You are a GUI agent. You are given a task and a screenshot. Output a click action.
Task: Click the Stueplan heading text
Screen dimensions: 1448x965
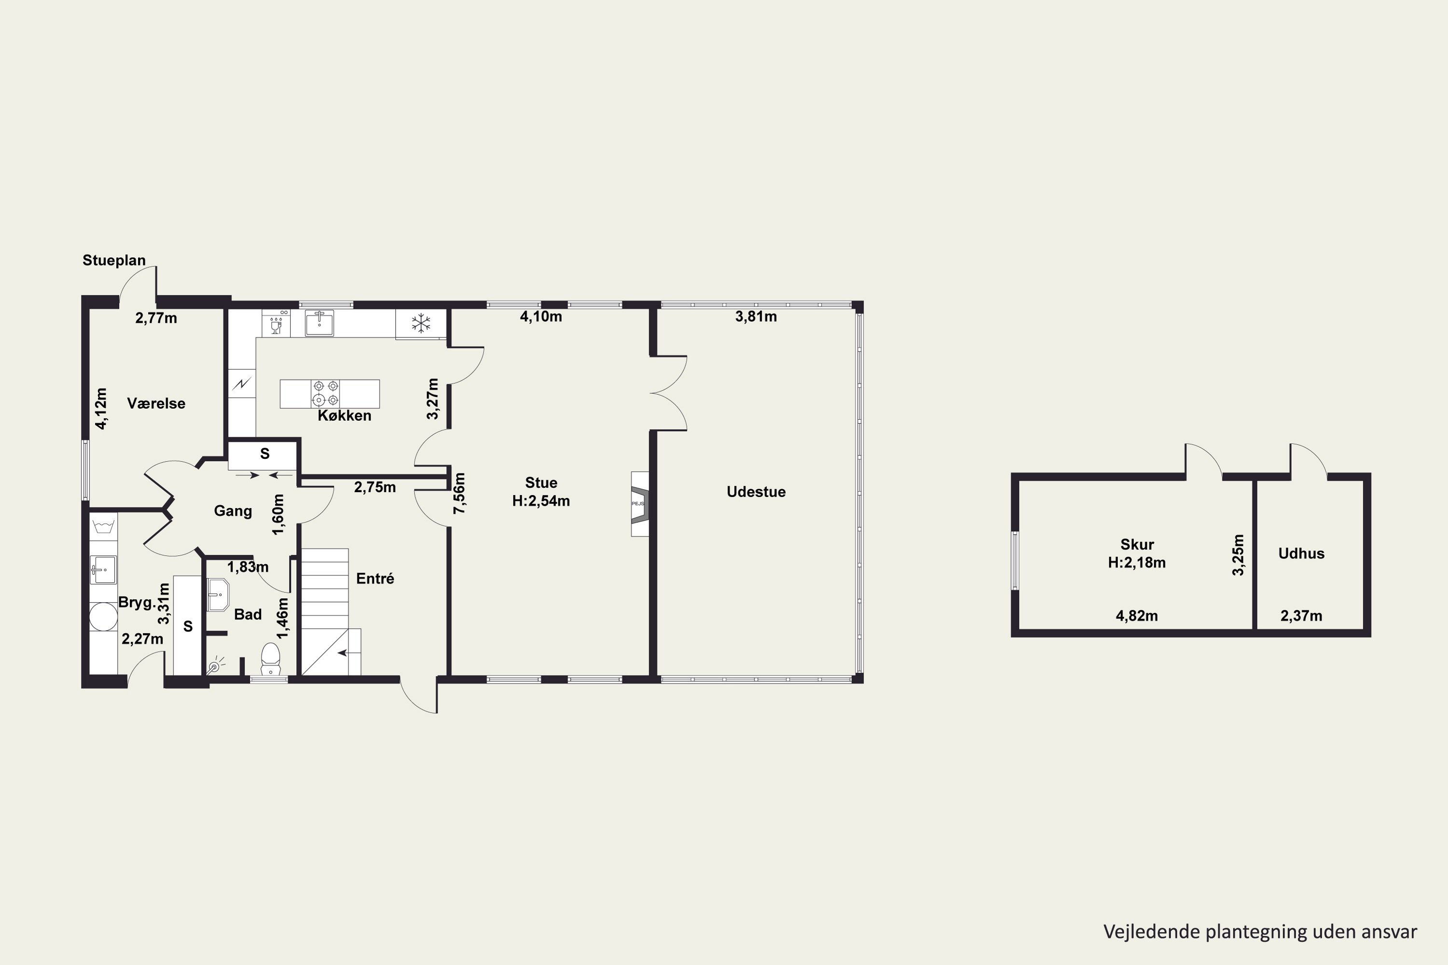coord(114,261)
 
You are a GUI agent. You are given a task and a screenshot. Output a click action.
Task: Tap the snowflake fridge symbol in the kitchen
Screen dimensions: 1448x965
coord(421,323)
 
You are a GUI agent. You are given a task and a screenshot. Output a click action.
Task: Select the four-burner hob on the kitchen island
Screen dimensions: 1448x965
coord(326,394)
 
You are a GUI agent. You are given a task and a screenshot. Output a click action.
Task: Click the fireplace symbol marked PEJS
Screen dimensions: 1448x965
coord(640,503)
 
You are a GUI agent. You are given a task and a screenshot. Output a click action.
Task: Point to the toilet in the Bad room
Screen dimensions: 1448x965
coord(270,659)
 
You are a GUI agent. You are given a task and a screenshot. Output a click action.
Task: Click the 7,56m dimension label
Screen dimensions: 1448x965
coord(459,493)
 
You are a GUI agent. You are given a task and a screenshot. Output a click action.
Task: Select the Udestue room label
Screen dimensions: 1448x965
coord(756,492)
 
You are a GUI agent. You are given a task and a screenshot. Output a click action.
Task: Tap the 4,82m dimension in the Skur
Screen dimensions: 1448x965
coord(1137,616)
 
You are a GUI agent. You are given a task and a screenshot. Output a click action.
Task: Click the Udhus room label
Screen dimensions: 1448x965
coord(1301,553)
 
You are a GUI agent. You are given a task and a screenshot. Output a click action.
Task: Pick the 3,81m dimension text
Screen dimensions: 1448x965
coord(755,317)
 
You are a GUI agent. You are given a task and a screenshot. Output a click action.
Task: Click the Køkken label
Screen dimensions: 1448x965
coord(344,415)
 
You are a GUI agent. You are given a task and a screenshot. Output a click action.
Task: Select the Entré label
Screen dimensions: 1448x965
coord(375,579)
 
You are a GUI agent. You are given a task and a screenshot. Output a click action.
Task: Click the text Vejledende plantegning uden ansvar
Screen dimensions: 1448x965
coord(1260,932)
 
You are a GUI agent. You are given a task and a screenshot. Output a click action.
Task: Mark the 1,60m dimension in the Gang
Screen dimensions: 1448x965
coord(278,514)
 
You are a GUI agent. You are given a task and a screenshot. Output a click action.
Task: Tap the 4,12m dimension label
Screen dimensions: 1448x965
coord(101,408)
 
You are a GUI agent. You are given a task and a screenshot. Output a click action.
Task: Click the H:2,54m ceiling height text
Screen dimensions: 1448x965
coord(541,501)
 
